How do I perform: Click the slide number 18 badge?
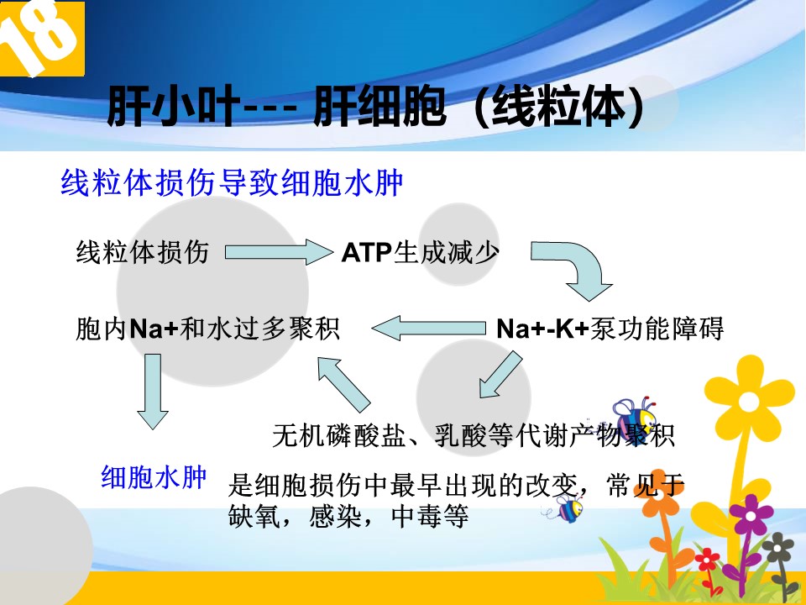pos(42,39)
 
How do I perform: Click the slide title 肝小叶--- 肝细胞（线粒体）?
pos(376,107)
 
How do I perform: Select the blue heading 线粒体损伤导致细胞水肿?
pos(232,182)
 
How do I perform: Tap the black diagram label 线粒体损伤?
pos(143,252)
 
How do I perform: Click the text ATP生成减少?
pos(421,252)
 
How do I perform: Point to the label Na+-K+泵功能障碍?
pos(610,329)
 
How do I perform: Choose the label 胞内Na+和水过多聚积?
pos(207,329)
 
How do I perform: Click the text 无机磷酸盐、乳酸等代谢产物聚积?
pos(474,435)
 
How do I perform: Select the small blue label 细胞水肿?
pos(154,477)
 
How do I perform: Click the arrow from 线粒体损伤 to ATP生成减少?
pos(279,252)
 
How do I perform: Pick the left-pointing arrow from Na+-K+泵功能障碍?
pos(429,329)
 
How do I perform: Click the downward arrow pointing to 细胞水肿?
pos(153,392)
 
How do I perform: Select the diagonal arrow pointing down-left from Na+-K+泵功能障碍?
pos(500,375)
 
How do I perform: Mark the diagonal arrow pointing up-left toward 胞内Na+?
pos(343,384)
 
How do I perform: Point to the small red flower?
pos(707,559)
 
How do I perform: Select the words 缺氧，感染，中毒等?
pos(348,515)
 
